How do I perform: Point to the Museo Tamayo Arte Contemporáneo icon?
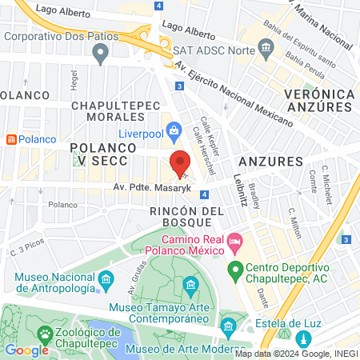[x=190, y=285]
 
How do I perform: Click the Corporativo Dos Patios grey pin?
[x=100, y=54]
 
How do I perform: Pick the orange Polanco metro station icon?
[x=11, y=138]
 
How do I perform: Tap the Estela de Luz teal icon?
[x=228, y=326]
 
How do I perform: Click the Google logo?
[x=26, y=350]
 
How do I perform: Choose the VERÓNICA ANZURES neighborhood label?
[x=318, y=101]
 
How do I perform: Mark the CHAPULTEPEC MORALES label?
[x=118, y=112]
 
